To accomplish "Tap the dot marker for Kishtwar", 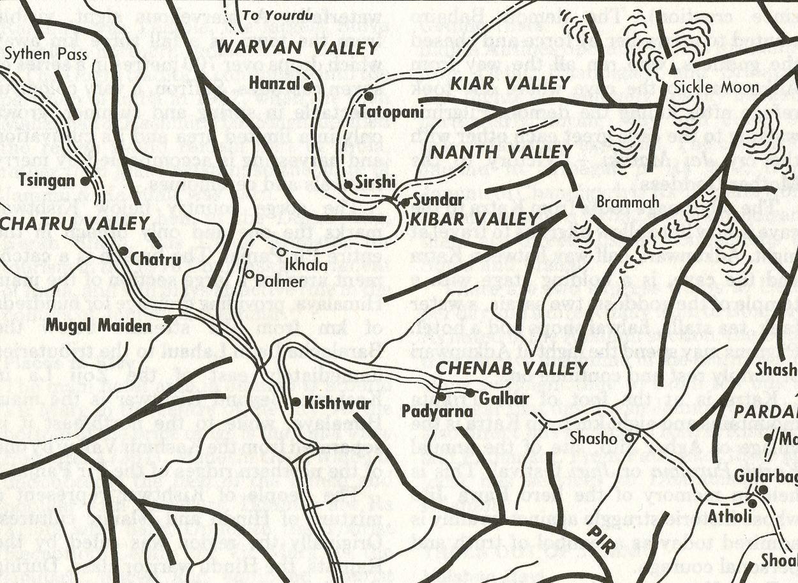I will (296, 402).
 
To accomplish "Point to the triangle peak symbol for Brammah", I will (579, 202).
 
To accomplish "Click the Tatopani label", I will (391, 112).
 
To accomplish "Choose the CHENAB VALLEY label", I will (511, 368).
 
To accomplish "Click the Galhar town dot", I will (471, 393).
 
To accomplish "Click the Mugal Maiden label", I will (98, 326).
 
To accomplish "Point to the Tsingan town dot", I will (85, 181).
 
